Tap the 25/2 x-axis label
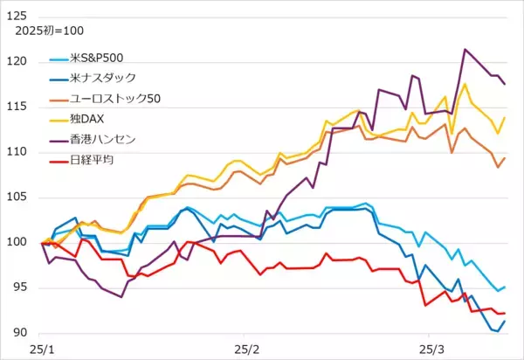(x=249, y=349)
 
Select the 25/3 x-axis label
(x=429, y=349)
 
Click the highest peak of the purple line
(x=465, y=49)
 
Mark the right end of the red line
(x=505, y=313)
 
